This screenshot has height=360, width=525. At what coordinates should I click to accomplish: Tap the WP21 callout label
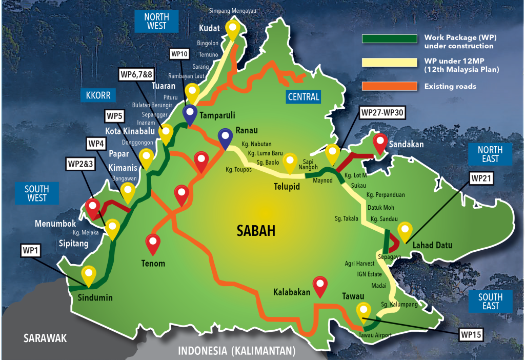point(481,178)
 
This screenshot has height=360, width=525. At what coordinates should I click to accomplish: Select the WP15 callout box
point(471,335)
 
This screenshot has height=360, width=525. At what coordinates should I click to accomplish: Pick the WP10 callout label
point(180,54)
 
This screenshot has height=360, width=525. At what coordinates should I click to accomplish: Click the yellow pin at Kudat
point(233,30)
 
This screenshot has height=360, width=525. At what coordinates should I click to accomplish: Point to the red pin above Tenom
point(153,243)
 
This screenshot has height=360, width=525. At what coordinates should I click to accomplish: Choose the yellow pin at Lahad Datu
point(405,230)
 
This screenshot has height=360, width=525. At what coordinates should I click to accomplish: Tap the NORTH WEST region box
point(156,22)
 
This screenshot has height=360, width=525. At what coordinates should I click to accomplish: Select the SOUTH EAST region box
point(490,302)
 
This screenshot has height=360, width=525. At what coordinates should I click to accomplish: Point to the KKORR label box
point(98,95)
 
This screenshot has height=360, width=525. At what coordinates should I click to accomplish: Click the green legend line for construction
point(389,38)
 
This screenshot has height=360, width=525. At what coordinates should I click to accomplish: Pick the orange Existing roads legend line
point(389,86)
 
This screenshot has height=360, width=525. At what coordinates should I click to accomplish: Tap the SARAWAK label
point(46,338)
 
